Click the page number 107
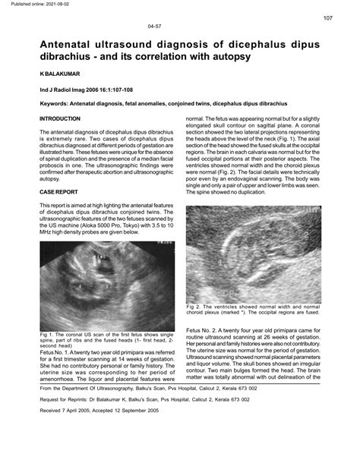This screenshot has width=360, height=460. pyautogui.click(x=327, y=18)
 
